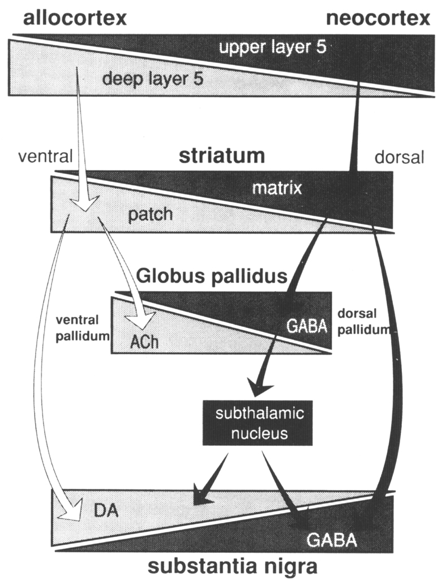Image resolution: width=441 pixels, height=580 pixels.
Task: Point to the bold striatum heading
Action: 222,155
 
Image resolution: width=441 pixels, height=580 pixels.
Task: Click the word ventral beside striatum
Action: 40,156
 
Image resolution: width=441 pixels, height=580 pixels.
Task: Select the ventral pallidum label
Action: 82,328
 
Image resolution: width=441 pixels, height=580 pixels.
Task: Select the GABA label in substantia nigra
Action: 332,540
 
